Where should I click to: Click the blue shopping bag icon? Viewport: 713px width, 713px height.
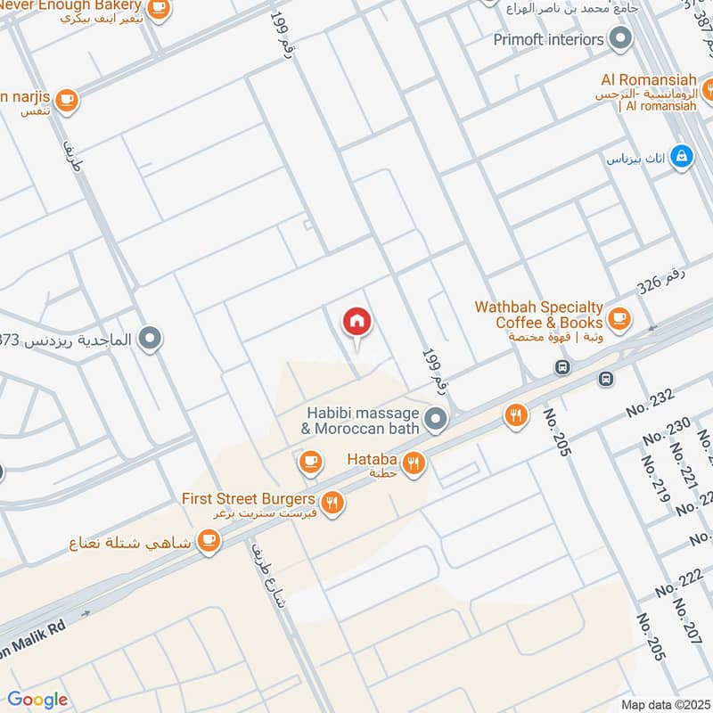[x=682, y=156]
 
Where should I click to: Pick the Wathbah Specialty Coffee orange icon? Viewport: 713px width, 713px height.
[x=619, y=318]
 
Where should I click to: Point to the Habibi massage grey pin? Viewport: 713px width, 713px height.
[x=435, y=417]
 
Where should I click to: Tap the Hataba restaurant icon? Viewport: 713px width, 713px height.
[x=413, y=462]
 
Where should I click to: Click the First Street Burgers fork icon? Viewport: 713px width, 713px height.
[x=332, y=504]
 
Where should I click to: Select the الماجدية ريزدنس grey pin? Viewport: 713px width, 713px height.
[x=152, y=339]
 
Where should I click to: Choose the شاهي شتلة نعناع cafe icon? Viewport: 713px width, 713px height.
[x=208, y=541]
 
